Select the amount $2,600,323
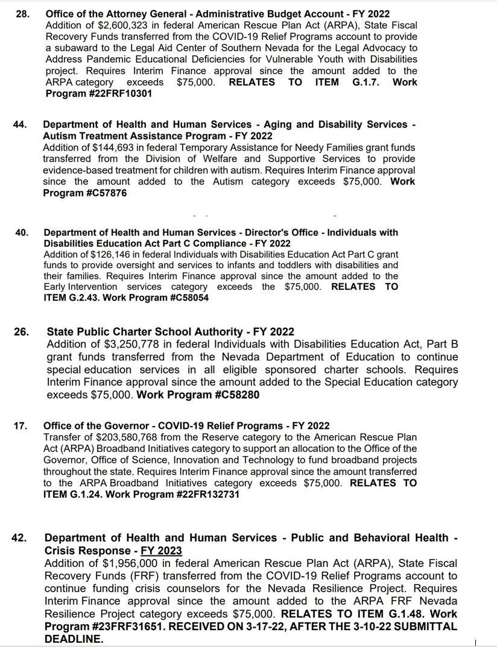[114, 25]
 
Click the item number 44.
[20, 125]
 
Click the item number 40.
[22, 233]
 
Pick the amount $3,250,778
[127, 344]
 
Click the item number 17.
[20, 426]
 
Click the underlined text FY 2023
[161, 551]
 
